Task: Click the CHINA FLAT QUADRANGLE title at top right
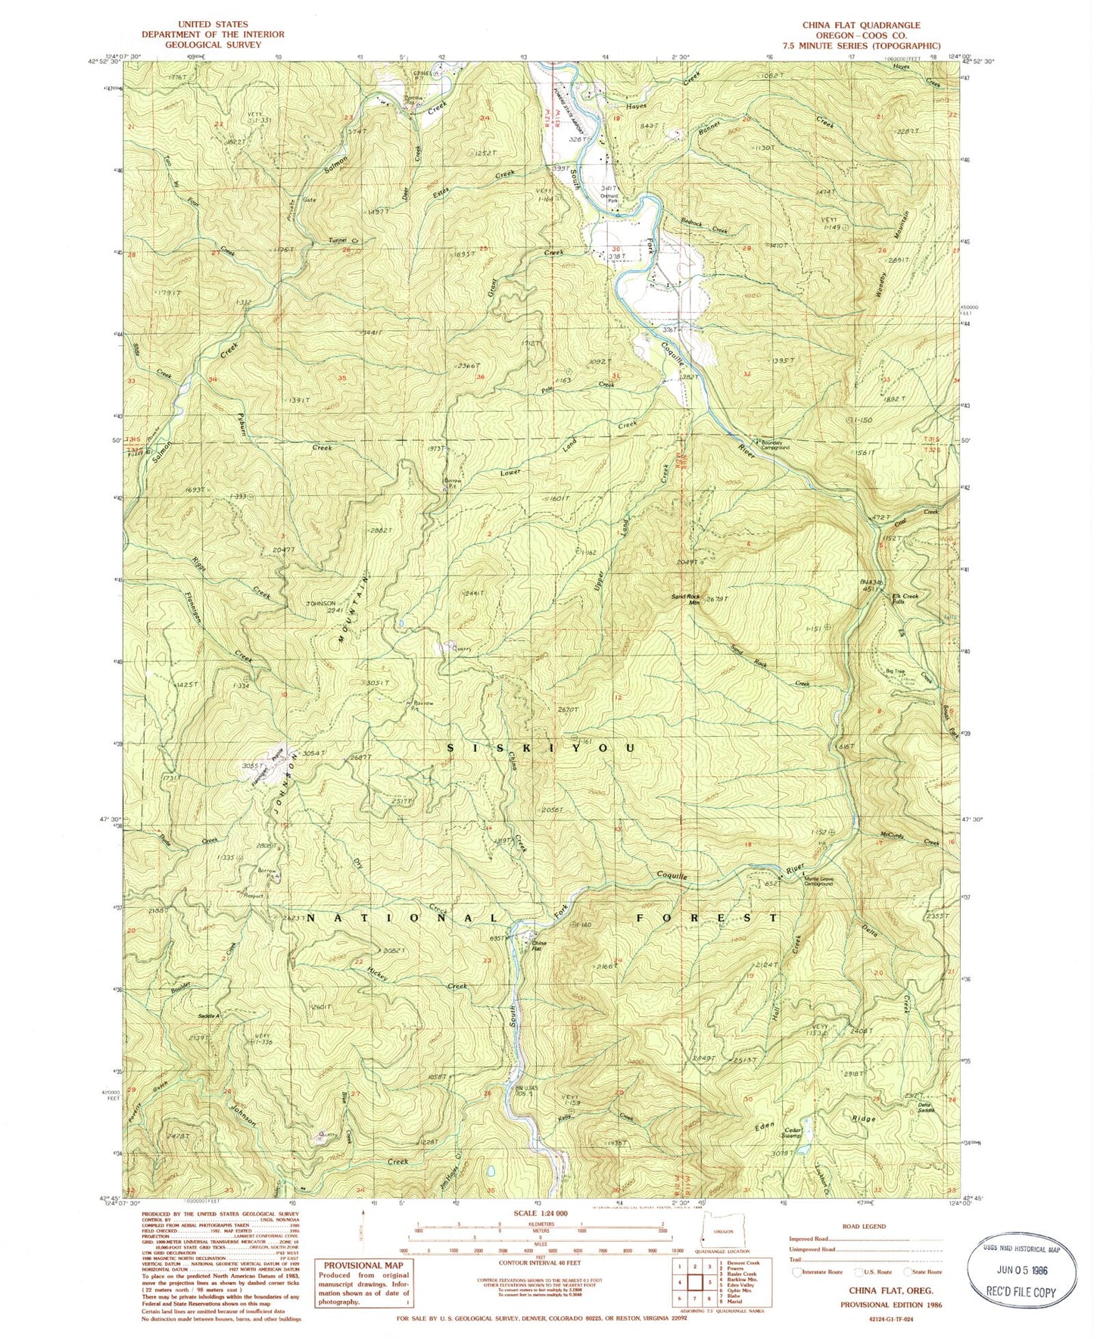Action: (861, 25)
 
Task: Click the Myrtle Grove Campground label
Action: (818, 881)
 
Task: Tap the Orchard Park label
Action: (609, 198)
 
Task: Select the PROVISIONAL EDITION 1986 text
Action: (888, 1305)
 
